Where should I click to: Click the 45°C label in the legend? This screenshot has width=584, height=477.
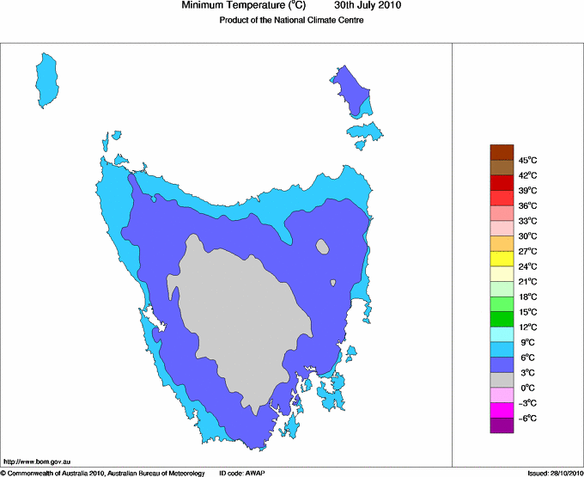527,160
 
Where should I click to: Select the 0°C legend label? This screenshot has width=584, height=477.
527,388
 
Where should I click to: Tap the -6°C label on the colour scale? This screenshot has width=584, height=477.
526,418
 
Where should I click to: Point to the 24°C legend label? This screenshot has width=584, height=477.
527,266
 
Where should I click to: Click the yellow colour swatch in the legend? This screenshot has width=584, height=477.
502,258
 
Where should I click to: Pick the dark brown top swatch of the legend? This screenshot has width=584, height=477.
502,151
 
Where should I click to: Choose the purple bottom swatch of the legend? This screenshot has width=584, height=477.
502,425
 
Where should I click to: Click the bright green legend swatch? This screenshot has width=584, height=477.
502,319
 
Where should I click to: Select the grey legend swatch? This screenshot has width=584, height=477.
502,380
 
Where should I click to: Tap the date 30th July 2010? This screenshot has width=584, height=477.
367,6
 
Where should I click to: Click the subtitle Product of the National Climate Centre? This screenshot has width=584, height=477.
292,21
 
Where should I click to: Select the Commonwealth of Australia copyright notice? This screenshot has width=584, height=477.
103,473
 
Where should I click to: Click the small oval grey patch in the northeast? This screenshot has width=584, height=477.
323,247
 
